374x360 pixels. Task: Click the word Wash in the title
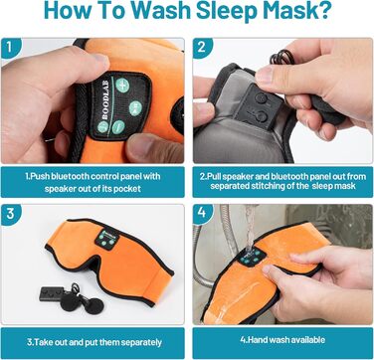(162, 11)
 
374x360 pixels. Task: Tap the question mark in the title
(322, 11)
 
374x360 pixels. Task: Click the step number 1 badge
(9, 47)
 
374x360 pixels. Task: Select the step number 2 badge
(202, 48)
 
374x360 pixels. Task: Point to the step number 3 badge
(10, 214)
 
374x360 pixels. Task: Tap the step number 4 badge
(202, 213)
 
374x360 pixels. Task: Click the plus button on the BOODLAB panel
(122, 86)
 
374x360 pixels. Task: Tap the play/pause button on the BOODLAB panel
(135, 108)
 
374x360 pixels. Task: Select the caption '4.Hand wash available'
(282, 339)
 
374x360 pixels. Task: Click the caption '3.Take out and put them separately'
(94, 342)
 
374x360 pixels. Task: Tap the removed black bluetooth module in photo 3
(52, 293)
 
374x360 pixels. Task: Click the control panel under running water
(252, 256)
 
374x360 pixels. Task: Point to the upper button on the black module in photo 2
(261, 98)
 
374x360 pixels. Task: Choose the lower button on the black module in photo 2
(262, 116)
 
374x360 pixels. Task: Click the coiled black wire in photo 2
(282, 58)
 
